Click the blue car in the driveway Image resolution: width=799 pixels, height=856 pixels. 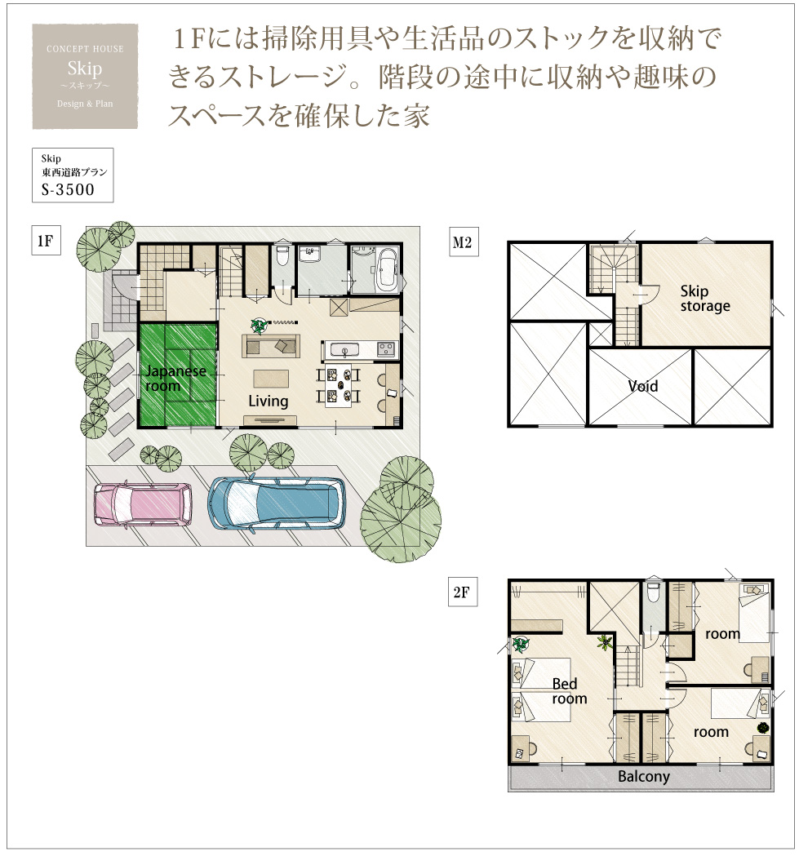click(277, 503)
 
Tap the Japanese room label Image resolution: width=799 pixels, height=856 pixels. click(175, 379)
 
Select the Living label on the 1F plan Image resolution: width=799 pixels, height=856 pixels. click(269, 401)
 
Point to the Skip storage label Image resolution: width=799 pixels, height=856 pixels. click(705, 299)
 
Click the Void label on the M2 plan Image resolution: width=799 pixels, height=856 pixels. click(643, 387)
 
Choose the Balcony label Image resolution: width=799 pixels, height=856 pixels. click(644, 776)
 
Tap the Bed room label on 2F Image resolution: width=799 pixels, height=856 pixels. click(570, 691)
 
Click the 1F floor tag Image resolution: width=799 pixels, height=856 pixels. click(46, 241)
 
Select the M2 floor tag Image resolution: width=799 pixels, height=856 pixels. click(463, 242)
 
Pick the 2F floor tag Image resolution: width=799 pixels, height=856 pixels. click(462, 592)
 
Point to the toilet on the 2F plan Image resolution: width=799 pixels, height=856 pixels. click(653, 592)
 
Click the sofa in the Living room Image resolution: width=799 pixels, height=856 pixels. click(270, 345)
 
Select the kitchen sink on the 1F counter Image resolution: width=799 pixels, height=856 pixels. click(344, 350)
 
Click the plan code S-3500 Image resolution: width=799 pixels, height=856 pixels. click(68, 189)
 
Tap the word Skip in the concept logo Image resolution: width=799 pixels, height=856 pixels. click(85, 69)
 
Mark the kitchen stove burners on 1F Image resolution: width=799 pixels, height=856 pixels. click(386, 348)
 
